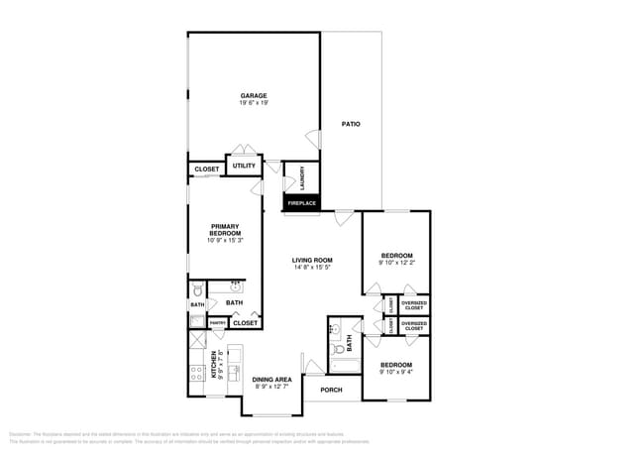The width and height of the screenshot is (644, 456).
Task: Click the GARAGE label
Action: click(x=254, y=95)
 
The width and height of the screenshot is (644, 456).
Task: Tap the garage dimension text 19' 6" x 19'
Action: click(x=254, y=103)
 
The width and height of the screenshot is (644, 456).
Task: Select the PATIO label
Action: click(x=351, y=124)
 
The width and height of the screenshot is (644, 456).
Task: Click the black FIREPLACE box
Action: click(x=301, y=203)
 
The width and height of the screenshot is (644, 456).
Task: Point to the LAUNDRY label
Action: click(x=301, y=177)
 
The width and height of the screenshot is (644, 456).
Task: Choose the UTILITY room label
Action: click(x=244, y=166)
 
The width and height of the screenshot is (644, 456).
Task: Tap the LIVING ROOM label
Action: click(x=311, y=260)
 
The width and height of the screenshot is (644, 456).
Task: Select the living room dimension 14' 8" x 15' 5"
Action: click(x=311, y=268)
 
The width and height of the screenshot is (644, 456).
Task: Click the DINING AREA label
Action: click(x=270, y=380)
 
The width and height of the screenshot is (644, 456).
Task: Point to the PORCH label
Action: click(x=331, y=390)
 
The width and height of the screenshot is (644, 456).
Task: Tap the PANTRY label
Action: click(x=218, y=323)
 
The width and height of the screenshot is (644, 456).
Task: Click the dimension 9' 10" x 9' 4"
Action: click(x=396, y=373)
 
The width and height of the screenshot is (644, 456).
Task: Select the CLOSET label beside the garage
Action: click(x=206, y=170)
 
